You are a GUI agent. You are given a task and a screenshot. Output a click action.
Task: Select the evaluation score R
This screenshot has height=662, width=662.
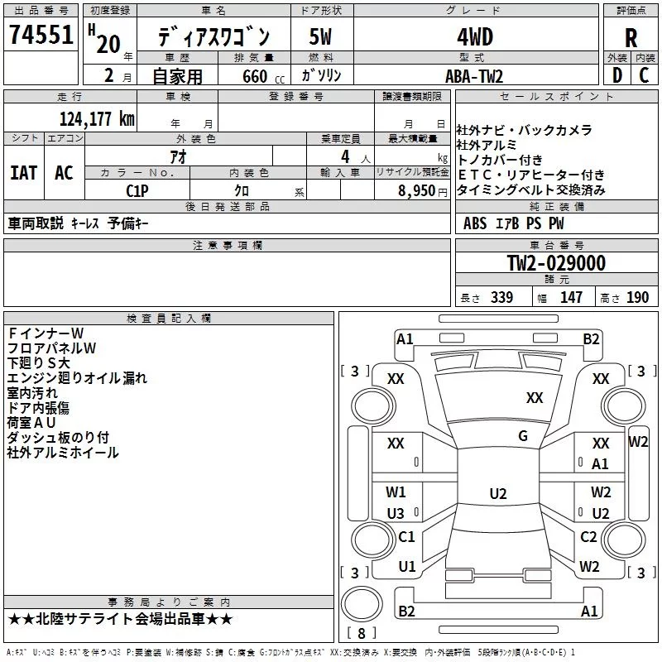click(x=631, y=38)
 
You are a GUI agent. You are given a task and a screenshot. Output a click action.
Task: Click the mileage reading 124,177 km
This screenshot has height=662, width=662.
click(x=96, y=118)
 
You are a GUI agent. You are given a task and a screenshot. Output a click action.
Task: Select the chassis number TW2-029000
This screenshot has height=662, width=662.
click(x=556, y=264)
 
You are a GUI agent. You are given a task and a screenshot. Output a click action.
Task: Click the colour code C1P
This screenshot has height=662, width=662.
click(x=137, y=190)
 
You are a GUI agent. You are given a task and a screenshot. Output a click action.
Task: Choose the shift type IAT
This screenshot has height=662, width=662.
click(x=23, y=173)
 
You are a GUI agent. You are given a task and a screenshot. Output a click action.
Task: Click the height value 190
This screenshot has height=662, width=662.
click(x=637, y=298)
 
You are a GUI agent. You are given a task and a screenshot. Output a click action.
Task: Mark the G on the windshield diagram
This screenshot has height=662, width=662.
click(x=523, y=436)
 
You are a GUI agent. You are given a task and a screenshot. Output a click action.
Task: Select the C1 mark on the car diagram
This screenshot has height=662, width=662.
click(x=406, y=537)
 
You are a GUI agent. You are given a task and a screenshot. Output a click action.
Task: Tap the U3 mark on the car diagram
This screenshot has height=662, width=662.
click(x=396, y=513)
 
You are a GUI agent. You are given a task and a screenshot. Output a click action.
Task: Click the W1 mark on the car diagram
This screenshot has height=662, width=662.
click(x=396, y=492)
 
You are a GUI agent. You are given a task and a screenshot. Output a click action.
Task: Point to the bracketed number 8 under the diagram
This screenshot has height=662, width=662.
click(x=362, y=634)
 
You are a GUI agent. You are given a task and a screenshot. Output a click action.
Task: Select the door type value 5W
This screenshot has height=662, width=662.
click(x=321, y=38)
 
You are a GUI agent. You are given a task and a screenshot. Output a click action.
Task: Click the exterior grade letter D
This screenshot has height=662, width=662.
click(x=616, y=76)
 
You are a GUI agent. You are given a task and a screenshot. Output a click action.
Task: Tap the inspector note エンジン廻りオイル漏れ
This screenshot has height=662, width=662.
click(x=77, y=378)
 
